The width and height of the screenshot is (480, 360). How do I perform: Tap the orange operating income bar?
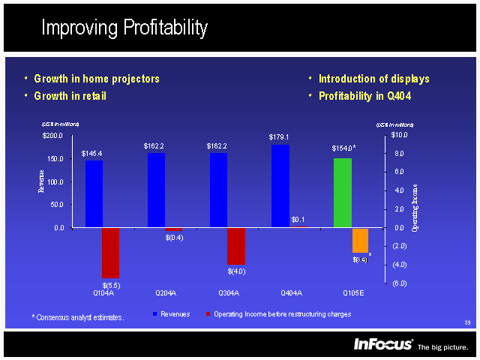(360, 241)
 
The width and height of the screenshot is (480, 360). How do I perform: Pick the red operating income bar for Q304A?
(236, 246)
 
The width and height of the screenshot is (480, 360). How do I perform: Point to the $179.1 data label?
(279, 137)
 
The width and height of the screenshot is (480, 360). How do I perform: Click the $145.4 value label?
(92, 154)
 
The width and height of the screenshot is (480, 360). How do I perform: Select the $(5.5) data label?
(111, 285)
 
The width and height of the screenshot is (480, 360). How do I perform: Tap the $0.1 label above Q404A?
(298, 220)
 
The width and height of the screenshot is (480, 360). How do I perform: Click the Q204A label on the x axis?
(166, 292)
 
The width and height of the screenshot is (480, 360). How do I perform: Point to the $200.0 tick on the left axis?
(52, 136)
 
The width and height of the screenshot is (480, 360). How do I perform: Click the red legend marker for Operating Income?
(208, 313)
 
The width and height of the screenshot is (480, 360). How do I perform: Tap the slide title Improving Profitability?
(124, 28)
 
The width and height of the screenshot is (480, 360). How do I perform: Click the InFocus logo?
(383, 344)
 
